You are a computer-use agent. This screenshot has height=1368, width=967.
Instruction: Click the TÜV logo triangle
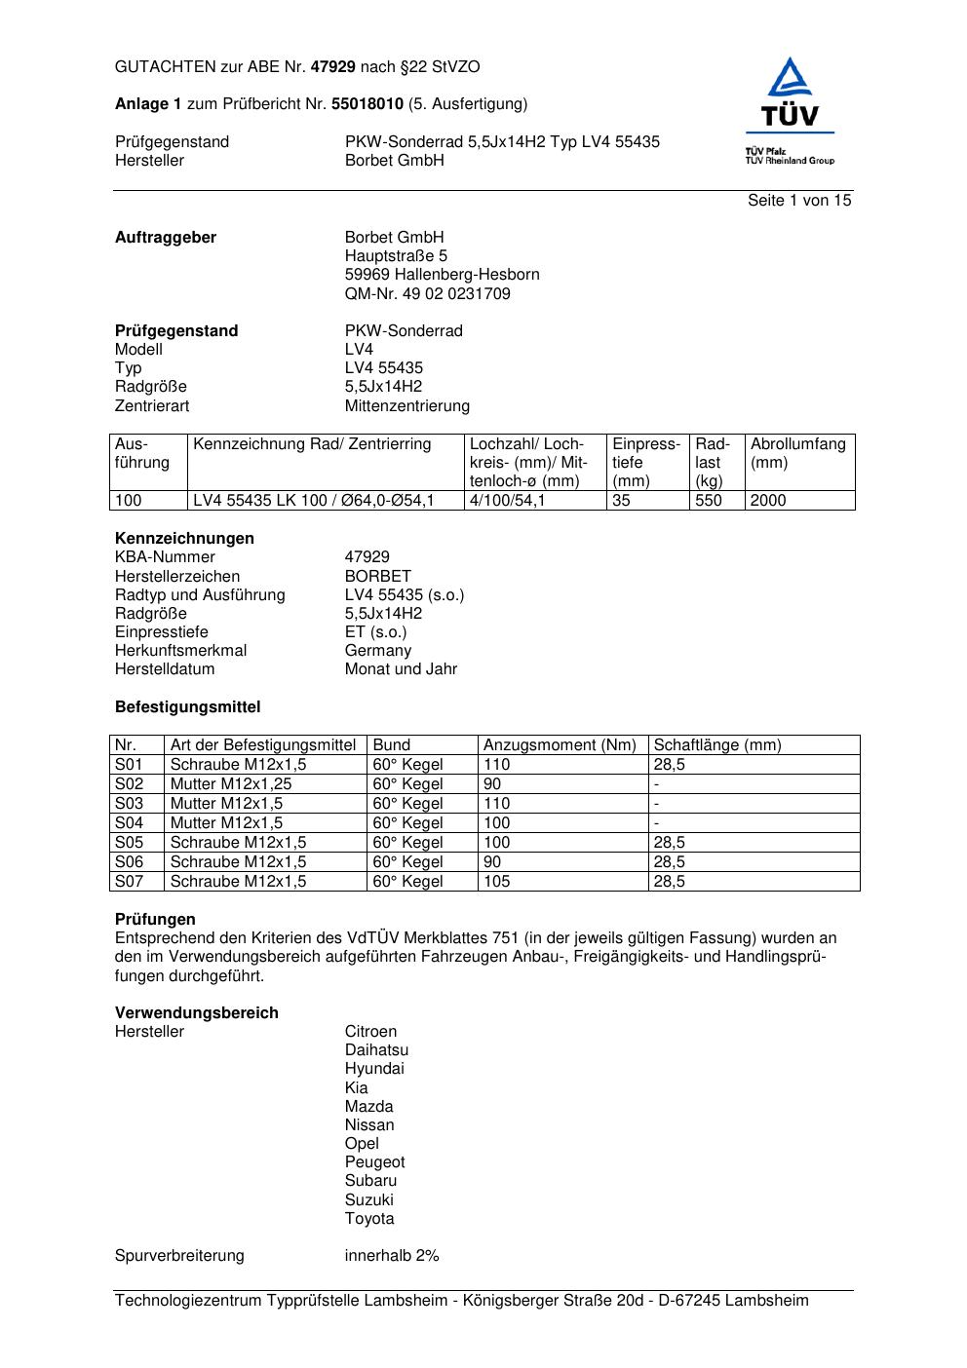point(790,82)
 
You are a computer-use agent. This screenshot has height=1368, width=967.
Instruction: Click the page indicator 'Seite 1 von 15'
point(799,201)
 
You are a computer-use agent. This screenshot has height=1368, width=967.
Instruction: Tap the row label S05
point(129,843)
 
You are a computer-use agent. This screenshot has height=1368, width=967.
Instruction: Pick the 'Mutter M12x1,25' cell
point(231,784)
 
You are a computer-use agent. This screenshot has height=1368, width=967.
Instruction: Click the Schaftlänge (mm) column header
point(717,745)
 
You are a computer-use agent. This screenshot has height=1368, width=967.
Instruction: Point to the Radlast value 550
point(709,501)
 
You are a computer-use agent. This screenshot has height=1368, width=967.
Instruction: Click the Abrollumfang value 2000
point(768,501)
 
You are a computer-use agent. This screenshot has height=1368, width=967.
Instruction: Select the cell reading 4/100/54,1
point(508,501)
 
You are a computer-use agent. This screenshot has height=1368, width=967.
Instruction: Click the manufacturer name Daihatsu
point(376,1050)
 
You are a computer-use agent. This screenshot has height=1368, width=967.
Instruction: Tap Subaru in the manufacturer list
point(370,1181)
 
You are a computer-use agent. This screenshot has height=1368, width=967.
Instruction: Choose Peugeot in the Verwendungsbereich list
point(374,1162)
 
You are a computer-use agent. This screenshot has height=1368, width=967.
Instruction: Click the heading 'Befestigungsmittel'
point(187,707)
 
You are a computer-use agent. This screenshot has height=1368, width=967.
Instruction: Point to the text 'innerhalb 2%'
point(392,1256)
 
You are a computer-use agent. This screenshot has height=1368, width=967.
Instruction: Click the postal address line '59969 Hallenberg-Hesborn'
point(442,275)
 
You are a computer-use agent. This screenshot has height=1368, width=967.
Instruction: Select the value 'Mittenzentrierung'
point(406,406)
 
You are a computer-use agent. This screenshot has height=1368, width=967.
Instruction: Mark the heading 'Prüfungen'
point(155,920)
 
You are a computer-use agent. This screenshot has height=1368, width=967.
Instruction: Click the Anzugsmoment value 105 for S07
point(497,882)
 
